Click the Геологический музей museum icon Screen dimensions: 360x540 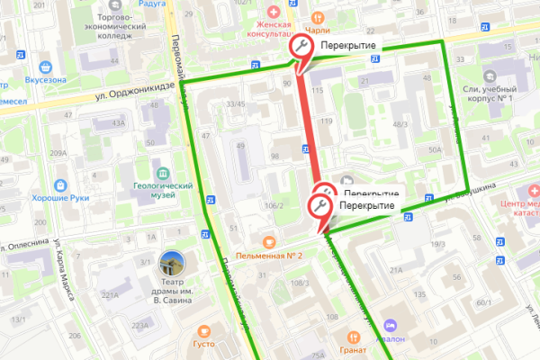tap(163, 172)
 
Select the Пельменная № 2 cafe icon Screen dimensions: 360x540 tap(267, 241)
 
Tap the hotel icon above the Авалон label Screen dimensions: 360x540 tap(390, 325)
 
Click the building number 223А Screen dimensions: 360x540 tap(139, 325)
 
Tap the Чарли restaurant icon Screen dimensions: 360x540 tap(317, 16)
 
